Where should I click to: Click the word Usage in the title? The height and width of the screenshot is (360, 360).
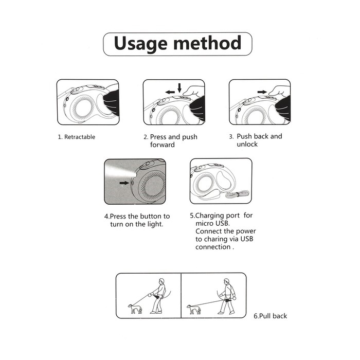click(140, 44)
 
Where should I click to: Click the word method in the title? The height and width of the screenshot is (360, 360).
click(207, 43)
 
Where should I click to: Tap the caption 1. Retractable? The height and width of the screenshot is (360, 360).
click(77, 137)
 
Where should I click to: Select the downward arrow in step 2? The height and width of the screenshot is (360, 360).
click(179, 88)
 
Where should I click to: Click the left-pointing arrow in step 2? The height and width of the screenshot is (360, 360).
click(170, 92)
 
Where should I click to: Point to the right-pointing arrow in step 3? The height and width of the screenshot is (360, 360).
click(262, 92)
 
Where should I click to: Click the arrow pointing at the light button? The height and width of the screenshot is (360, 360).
click(124, 183)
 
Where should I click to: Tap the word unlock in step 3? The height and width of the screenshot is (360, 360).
click(247, 144)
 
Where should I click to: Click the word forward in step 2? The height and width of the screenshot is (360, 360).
click(163, 145)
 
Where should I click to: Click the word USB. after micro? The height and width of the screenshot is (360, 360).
click(223, 223)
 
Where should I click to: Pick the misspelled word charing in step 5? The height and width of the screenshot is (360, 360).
click(215, 239)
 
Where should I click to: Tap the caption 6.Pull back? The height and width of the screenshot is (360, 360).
click(270, 316)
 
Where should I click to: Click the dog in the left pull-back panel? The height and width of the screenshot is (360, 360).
click(135, 309)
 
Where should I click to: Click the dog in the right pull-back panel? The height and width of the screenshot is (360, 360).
click(194, 309)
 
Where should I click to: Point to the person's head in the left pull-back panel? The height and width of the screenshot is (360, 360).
click(161, 281)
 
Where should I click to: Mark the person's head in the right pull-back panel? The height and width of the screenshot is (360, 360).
click(227, 282)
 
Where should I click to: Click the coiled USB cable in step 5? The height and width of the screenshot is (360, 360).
click(238, 194)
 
